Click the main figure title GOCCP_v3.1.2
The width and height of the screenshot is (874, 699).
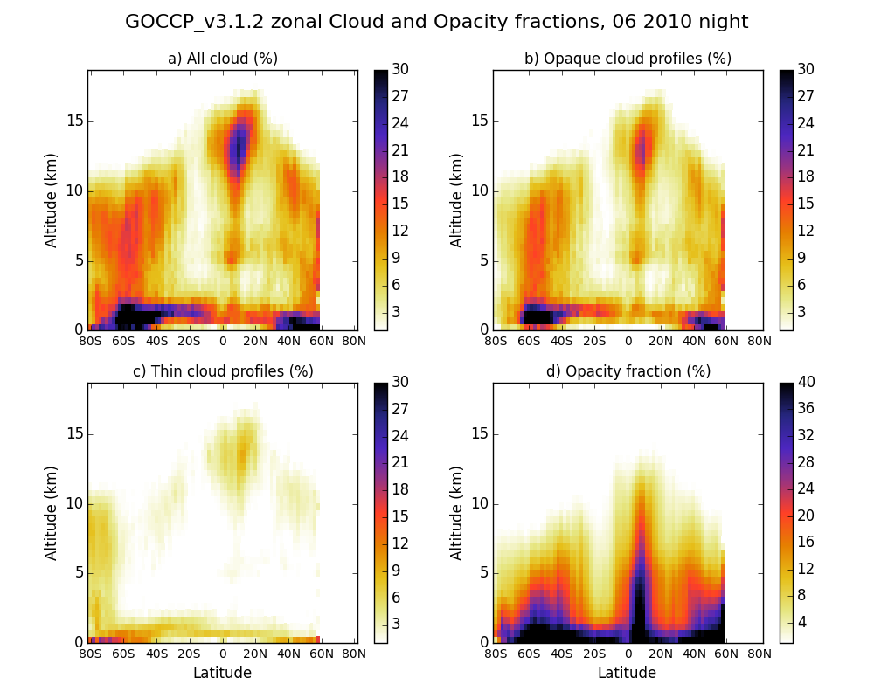(x=436, y=22)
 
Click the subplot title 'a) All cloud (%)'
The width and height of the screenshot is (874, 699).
(x=222, y=59)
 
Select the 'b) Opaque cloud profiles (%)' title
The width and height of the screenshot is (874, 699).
(x=628, y=59)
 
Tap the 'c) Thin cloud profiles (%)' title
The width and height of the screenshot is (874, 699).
(x=222, y=371)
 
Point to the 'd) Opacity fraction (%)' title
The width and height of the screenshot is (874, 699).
(x=628, y=371)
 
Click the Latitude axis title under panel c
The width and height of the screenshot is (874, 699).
(x=222, y=673)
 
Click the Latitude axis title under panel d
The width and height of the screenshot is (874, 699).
(x=628, y=673)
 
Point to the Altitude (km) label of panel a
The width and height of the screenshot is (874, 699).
(x=52, y=200)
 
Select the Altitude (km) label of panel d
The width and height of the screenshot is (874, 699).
(x=457, y=513)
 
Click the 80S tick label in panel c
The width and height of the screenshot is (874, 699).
(x=90, y=654)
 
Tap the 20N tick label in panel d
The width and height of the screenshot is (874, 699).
(x=661, y=654)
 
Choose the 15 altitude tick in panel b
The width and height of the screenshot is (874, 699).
(x=480, y=121)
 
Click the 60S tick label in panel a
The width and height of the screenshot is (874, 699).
(x=123, y=341)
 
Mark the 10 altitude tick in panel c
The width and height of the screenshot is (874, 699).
(x=74, y=503)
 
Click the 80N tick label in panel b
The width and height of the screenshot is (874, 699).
(x=760, y=341)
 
